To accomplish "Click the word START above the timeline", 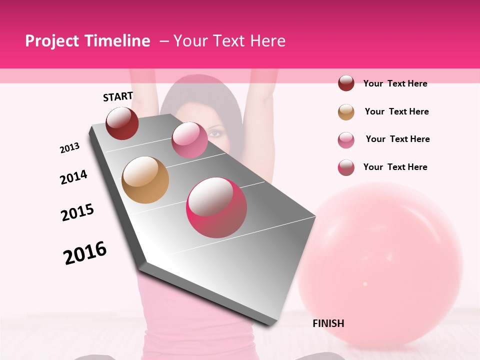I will (x=118, y=96).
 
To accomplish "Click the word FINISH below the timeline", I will (x=328, y=323).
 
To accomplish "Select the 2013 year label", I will (x=69, y=148).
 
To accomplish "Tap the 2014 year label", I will (x=73, y=177).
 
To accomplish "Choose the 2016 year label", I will (x=85, y=253).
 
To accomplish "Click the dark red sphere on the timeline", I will (x=122, y=123).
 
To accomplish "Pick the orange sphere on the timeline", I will (x=145, y=180).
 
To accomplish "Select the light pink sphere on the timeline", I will (x=189, y=140).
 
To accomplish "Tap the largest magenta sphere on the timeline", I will (x=216, y=207).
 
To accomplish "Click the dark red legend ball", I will (x=346, y=83).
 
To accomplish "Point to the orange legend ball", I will (x=346, y=112).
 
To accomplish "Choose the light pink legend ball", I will (x=346, y=140).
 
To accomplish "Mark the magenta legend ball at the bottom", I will (x=346, y=167).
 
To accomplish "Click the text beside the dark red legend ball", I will (x=395, y=83).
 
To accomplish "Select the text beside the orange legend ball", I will (x=396, y=111).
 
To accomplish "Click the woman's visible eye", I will (x=214, y=133).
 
